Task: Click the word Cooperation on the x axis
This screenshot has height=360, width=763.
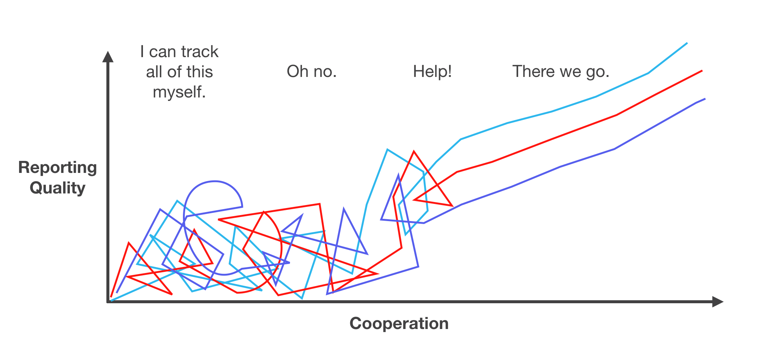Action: (x=399, y=323)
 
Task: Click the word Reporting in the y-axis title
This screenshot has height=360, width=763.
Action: (x=57, y=168)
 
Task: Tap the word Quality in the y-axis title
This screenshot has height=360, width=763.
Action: (x=57, y=188)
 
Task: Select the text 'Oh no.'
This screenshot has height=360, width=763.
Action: (x=312, y=71)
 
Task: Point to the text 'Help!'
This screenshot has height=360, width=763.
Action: (x=432, y=71)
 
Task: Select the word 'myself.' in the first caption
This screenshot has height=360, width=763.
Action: (x=179, y=92)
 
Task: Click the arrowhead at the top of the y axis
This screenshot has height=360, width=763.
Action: (x=108, y=57)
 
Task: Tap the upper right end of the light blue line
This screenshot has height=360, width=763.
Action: (x=686, y=43)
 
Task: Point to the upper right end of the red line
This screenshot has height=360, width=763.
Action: (x=701, y=71)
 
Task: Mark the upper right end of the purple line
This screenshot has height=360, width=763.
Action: (x=704, y=99)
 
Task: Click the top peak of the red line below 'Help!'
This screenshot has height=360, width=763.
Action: (x=414, y=152)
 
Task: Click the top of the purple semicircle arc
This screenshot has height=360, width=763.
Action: (x=215, y=181)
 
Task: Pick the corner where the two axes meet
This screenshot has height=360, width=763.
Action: (x=108, y=301)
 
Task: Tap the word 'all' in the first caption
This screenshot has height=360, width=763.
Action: (x=155, y=72)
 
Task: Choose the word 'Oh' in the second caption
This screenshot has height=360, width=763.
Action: (x=297, y=71)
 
